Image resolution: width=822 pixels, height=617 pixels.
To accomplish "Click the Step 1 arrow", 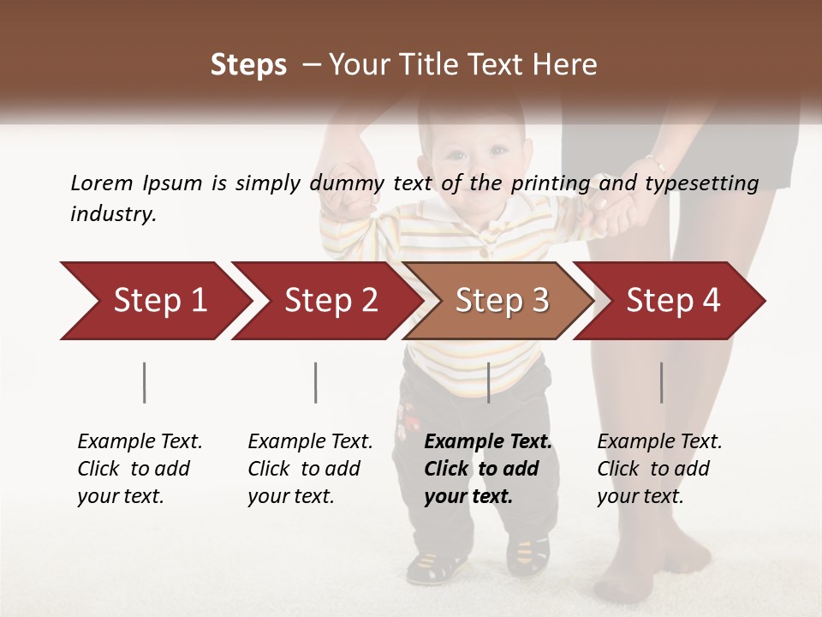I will click(154, 301).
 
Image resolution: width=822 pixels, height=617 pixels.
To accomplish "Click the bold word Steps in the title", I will click(248, 65).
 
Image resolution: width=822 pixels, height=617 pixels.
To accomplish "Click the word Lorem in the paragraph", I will click(101, 183).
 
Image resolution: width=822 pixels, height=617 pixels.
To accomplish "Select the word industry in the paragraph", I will click(113, 214).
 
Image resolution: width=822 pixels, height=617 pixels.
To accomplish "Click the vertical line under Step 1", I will click(145, 382).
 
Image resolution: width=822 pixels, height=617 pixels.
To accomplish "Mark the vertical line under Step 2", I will click(316, 382).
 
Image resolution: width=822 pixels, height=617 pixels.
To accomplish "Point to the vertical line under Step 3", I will click(488, 382).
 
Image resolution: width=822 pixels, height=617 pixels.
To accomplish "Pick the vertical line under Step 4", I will click(661, 382).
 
